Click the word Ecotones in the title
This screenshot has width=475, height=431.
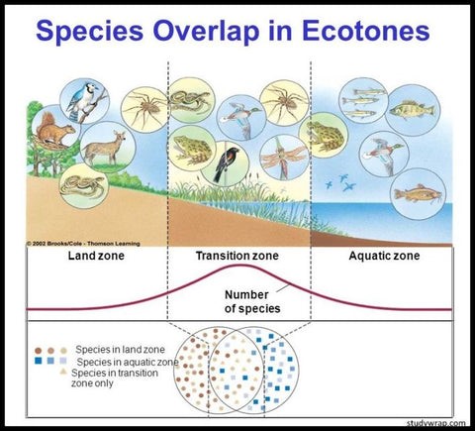point(366,31)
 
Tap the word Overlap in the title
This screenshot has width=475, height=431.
point(206,32)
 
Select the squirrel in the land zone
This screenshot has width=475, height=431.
point(54,128)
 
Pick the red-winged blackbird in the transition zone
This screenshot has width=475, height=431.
point(225,163)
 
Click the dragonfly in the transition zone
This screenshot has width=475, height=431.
point(284,158)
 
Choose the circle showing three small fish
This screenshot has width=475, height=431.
point(364,100)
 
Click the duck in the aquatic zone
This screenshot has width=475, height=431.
point(384,154)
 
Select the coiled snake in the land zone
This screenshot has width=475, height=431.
point(84,186)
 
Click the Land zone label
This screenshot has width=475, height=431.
point(96,256)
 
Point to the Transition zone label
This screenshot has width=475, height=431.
point(237,256)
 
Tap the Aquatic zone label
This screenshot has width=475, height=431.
point(384,256)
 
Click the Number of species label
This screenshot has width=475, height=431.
point(252,301)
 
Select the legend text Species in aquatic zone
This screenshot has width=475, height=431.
point(128,362)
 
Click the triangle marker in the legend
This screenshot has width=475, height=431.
point(63,372)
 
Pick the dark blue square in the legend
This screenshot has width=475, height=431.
point(39,361)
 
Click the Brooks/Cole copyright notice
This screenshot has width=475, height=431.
point(83,244)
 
